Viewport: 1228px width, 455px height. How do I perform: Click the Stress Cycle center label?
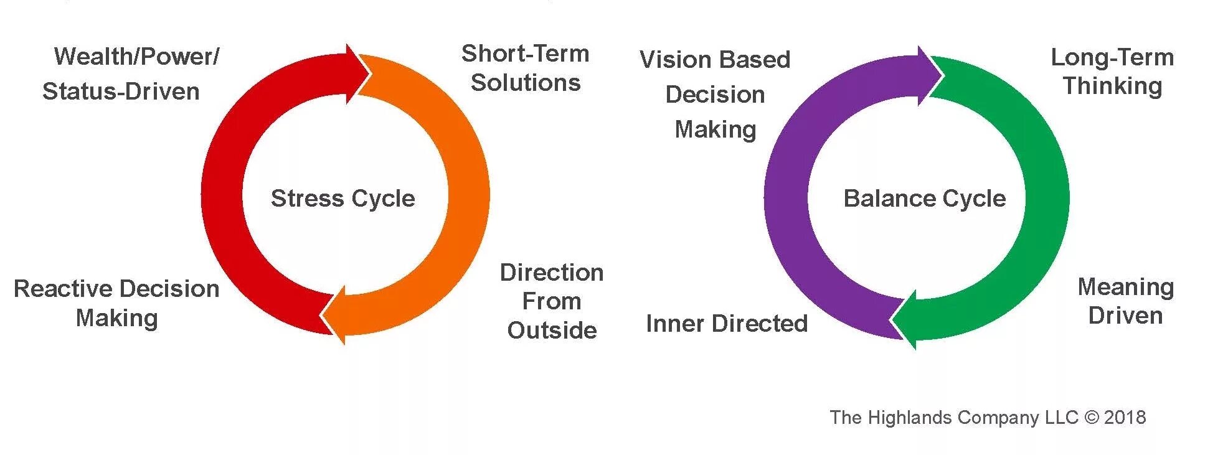[x=342, y=199]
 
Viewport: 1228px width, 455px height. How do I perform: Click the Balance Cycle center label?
[x=924, y=199]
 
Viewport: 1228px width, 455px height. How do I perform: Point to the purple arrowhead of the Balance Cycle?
[x=929, y=75]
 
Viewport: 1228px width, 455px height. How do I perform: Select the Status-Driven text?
[x=121, y=91]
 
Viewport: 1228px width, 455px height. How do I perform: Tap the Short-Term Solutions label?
[x=526, y=68]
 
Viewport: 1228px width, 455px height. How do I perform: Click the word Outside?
[x=552, y=330]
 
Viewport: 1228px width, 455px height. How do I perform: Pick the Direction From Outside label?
[x=552, y=301]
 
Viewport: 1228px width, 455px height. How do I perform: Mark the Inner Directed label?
[x=727, y=324]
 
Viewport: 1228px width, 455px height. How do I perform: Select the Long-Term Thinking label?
[x=1112, y=72]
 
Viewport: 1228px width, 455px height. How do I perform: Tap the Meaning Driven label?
[x=1126, y=301]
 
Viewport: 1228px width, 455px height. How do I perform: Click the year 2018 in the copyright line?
[x=1125, y=417]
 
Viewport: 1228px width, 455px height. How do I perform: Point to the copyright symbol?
[x=1092, y=417]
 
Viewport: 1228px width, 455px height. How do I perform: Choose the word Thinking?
[x=1112, y=86]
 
